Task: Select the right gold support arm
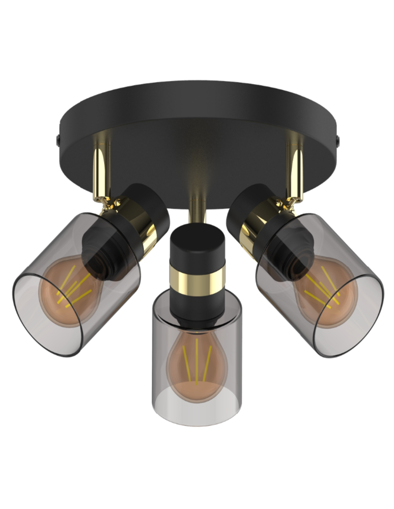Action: (x=295, y=165)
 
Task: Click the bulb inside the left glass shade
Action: (x=69, y=290)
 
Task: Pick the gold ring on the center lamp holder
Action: (x=196, y=280)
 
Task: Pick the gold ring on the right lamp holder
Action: (x=250, y=224)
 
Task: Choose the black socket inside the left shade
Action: (x=107, y=249)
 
